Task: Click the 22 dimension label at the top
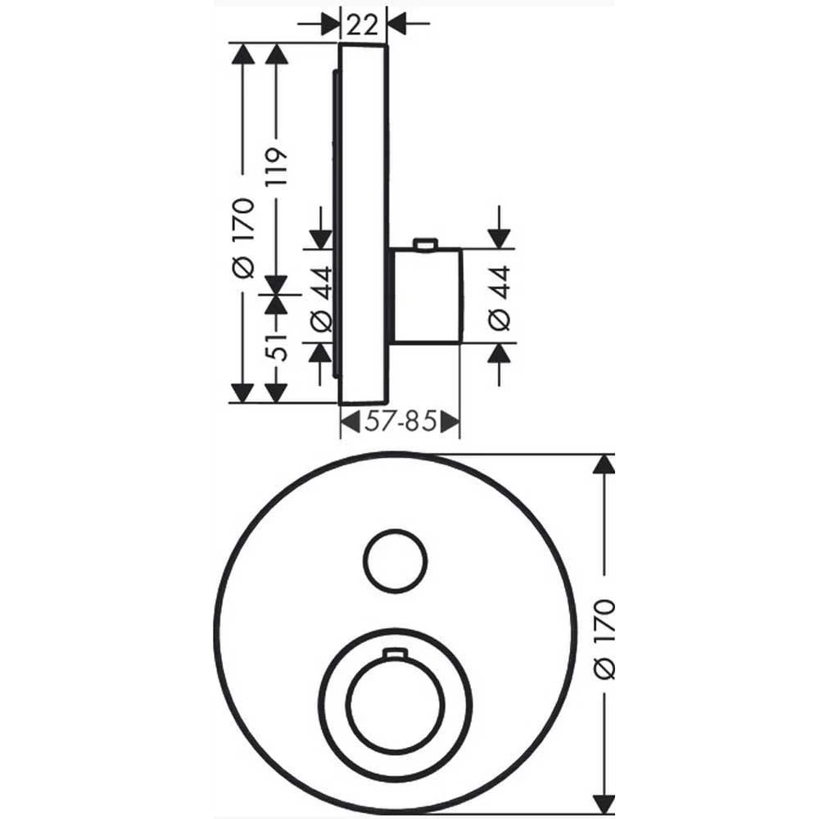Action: tap(362, 25)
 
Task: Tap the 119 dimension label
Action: tap(276, 166)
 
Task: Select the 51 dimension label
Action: tap(276, 346)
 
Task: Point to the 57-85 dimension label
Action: tap(400, 421)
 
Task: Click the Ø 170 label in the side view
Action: tap(243, 238)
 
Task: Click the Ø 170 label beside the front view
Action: tap(605, 639)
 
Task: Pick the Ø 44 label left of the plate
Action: tap(321, 298)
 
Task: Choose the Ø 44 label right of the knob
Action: tap(500, 298)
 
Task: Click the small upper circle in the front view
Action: tap(396, 562)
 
